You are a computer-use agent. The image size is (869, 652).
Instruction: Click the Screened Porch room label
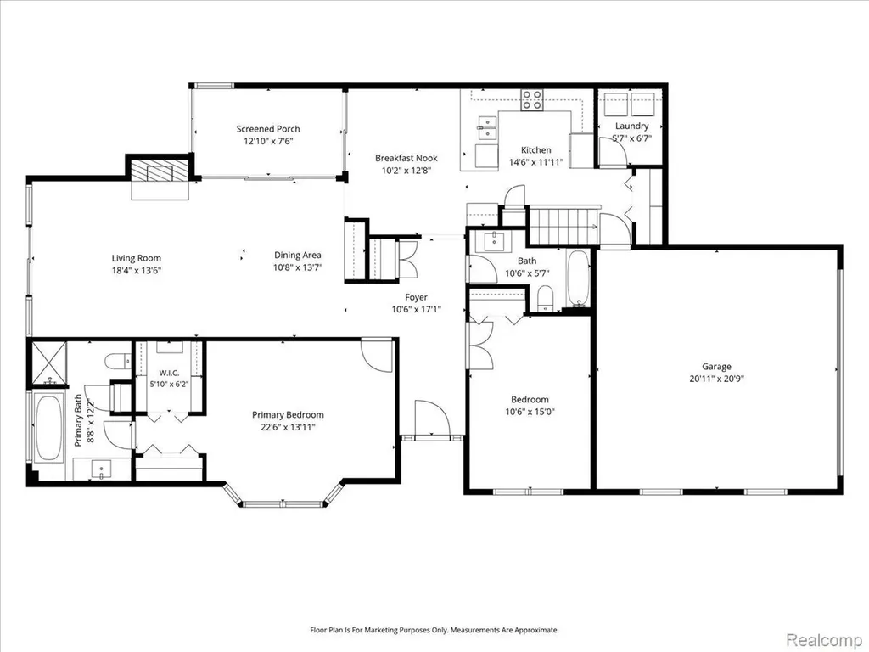coord(268,129)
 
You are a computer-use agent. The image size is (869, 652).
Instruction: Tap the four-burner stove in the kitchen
coord(531,100)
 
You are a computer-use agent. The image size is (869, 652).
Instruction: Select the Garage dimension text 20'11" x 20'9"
coord(716,379)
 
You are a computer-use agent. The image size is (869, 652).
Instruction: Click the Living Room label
coord(137,258)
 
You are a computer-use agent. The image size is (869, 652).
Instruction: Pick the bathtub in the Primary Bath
coord(48,427)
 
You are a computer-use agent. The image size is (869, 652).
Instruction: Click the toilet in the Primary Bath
coord(118,361)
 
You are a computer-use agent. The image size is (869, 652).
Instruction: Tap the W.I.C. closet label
coord(169,374)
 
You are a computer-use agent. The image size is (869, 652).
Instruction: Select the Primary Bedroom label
coord(288,414)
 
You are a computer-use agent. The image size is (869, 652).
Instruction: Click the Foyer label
coord(416,297)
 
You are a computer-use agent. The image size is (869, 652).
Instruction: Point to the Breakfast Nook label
coord(406,158)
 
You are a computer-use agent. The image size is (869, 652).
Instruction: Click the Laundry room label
coord(631,126)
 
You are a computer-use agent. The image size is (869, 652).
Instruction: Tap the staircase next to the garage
coord(563,224)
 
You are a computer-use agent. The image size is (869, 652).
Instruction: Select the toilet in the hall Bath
coord(546,298)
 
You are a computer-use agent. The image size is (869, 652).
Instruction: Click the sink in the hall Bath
coord(495,241)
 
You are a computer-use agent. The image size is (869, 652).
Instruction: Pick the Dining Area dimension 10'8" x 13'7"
coord(298,267)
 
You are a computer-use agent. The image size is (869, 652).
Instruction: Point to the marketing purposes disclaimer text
coord(434,631)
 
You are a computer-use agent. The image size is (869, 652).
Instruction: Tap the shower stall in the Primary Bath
coord(48,363)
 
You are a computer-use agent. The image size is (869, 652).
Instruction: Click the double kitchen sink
coord(487,127)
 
